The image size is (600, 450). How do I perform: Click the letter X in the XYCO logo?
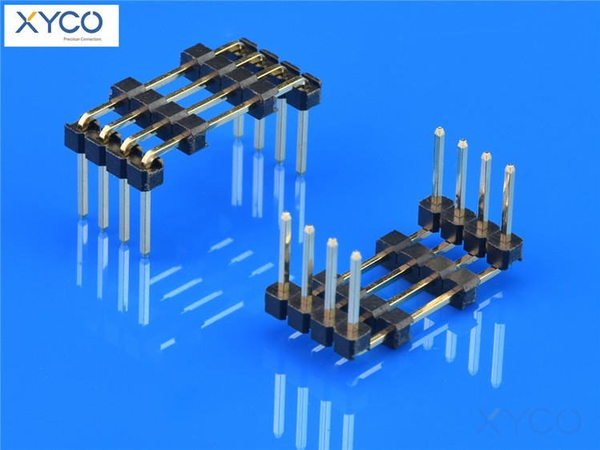(x=26, y=22)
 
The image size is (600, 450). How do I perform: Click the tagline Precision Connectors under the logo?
(x=83, y=39)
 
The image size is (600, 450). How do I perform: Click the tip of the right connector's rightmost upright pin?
(x=509, y=167)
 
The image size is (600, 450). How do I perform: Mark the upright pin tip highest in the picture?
(x=439, y=129)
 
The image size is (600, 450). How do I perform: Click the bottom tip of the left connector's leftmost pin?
(x=83, y=217)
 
